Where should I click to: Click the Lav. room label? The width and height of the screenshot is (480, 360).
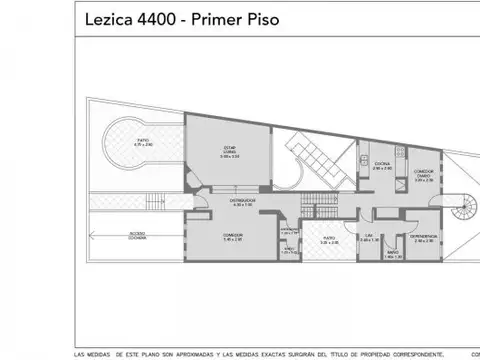tap(368, 237)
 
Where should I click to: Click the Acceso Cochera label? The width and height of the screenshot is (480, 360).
tap(109, 237)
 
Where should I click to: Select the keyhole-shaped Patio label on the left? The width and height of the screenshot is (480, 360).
tap(143, 142)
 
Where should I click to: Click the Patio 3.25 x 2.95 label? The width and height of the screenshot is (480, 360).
tap(329, 240)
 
